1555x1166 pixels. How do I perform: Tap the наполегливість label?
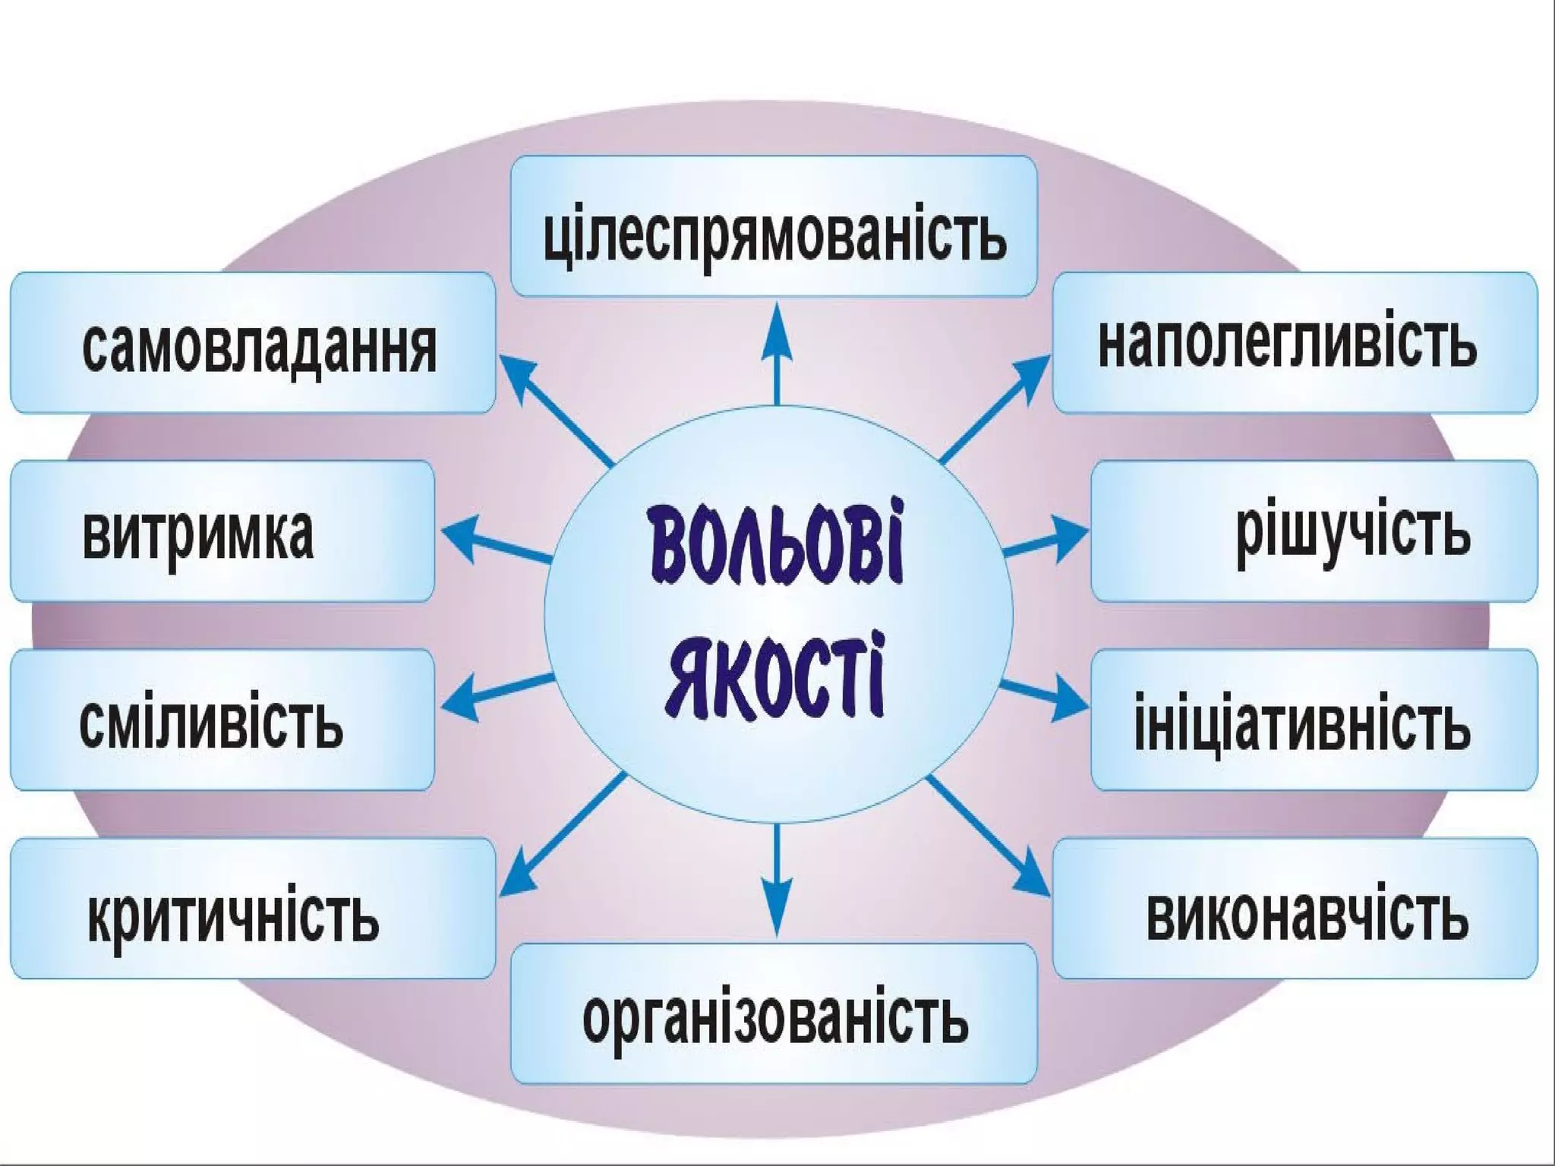[x=1288, y=344]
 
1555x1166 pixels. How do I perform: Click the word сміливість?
[x=211, y=723]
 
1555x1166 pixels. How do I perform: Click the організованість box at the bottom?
[x=774, y=1017]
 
